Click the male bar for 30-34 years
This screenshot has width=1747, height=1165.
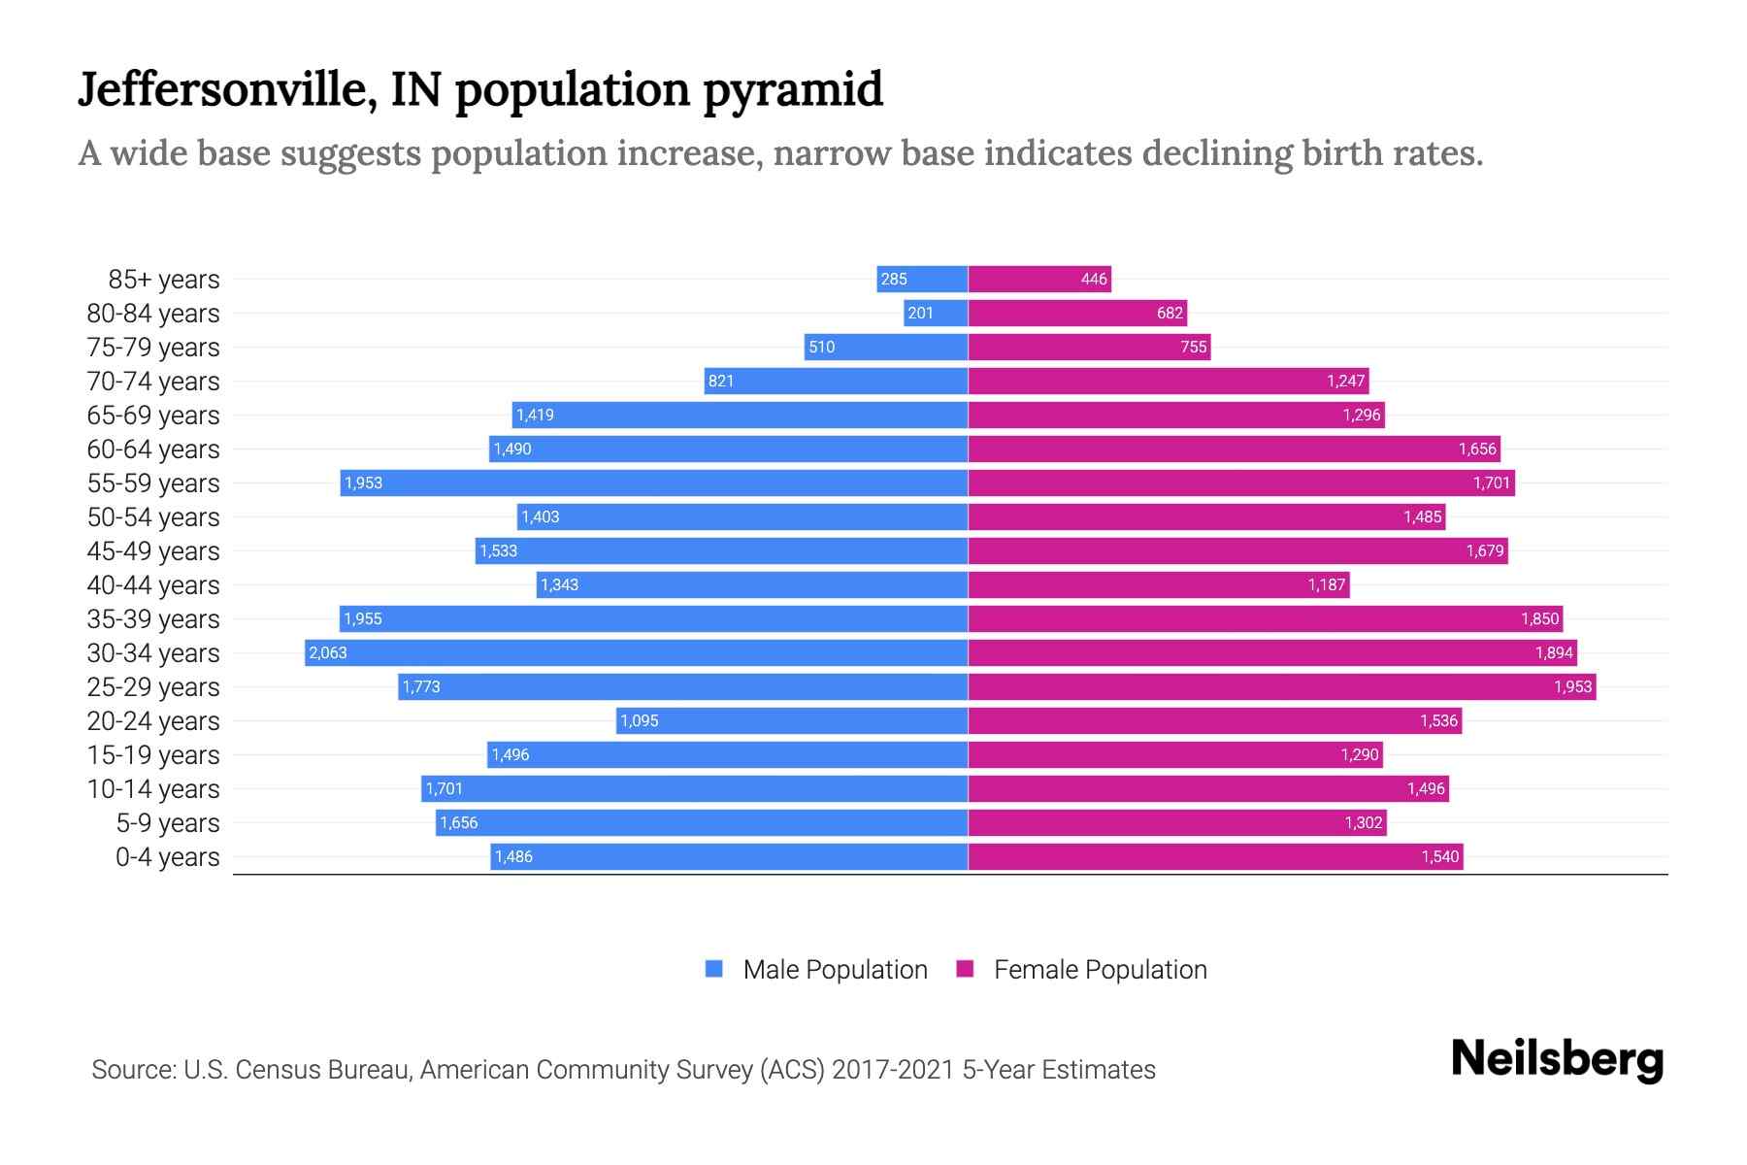click(636, 652)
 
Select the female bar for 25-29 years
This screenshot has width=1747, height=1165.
click(1281, 686)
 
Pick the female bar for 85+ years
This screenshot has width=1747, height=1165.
click(1038, 279)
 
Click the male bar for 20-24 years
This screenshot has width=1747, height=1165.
click(792, 720)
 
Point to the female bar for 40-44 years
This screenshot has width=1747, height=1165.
click(1159, 584)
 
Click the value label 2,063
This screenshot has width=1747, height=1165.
click(328, 652)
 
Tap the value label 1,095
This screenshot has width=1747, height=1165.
click(640, 720)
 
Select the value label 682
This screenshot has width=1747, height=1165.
click(1170, 313)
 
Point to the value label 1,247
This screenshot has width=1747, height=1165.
click(1345, 381)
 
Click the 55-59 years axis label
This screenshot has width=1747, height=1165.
click(153, 483)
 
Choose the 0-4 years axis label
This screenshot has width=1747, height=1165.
click(167, 857)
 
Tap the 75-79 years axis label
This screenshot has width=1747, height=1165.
click(153, 348)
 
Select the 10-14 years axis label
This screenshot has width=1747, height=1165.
click(153, 789)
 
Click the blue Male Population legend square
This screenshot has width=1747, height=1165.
click(714, 969)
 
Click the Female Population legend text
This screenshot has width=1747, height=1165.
click(1100, 969)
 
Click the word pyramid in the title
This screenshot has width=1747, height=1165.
click(793, 90)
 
